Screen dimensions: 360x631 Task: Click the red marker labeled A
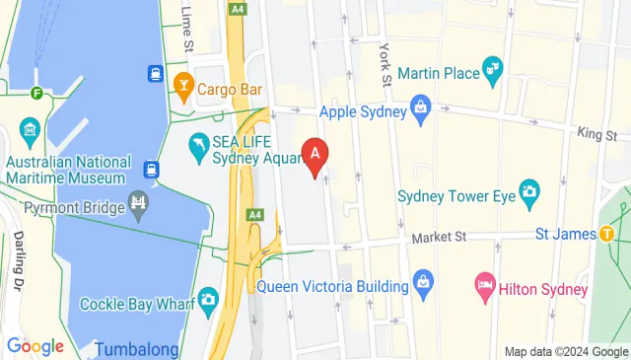315,155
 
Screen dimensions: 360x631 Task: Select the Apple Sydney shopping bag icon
421,105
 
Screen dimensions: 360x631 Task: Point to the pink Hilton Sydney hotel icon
485,288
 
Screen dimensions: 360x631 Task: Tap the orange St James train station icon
606,234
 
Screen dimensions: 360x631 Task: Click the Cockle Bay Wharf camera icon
208,299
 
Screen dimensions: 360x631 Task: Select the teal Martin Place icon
492,68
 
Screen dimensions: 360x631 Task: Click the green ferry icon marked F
36,95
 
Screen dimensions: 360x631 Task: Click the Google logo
35,346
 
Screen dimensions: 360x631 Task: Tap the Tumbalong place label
137,349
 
